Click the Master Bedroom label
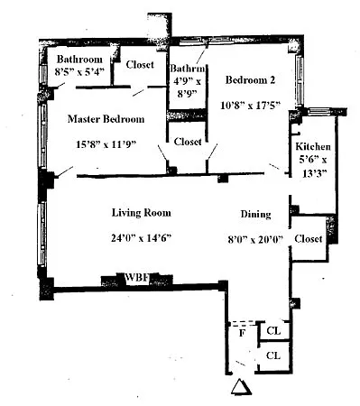coord(106,119)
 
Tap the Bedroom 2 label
coord(250,80)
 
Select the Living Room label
coord(142,213)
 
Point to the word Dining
coord(255,214)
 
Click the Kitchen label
coord(313,146)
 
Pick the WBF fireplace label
coord(137,277)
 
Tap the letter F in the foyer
coord(242,333)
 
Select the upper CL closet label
coord(273,331)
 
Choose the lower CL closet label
coord(273,355)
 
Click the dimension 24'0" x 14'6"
coord(141,238)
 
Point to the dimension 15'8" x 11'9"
coord(106,144)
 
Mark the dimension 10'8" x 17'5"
coord(250,106)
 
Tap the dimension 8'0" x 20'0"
coord(255,240)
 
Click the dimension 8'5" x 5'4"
coord(79,71)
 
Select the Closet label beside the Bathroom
coord(140,64)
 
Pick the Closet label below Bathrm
coord(188,142)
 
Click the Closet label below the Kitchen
coord(309,239)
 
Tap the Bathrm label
coord(188,69)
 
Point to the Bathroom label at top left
coord(79,59)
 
